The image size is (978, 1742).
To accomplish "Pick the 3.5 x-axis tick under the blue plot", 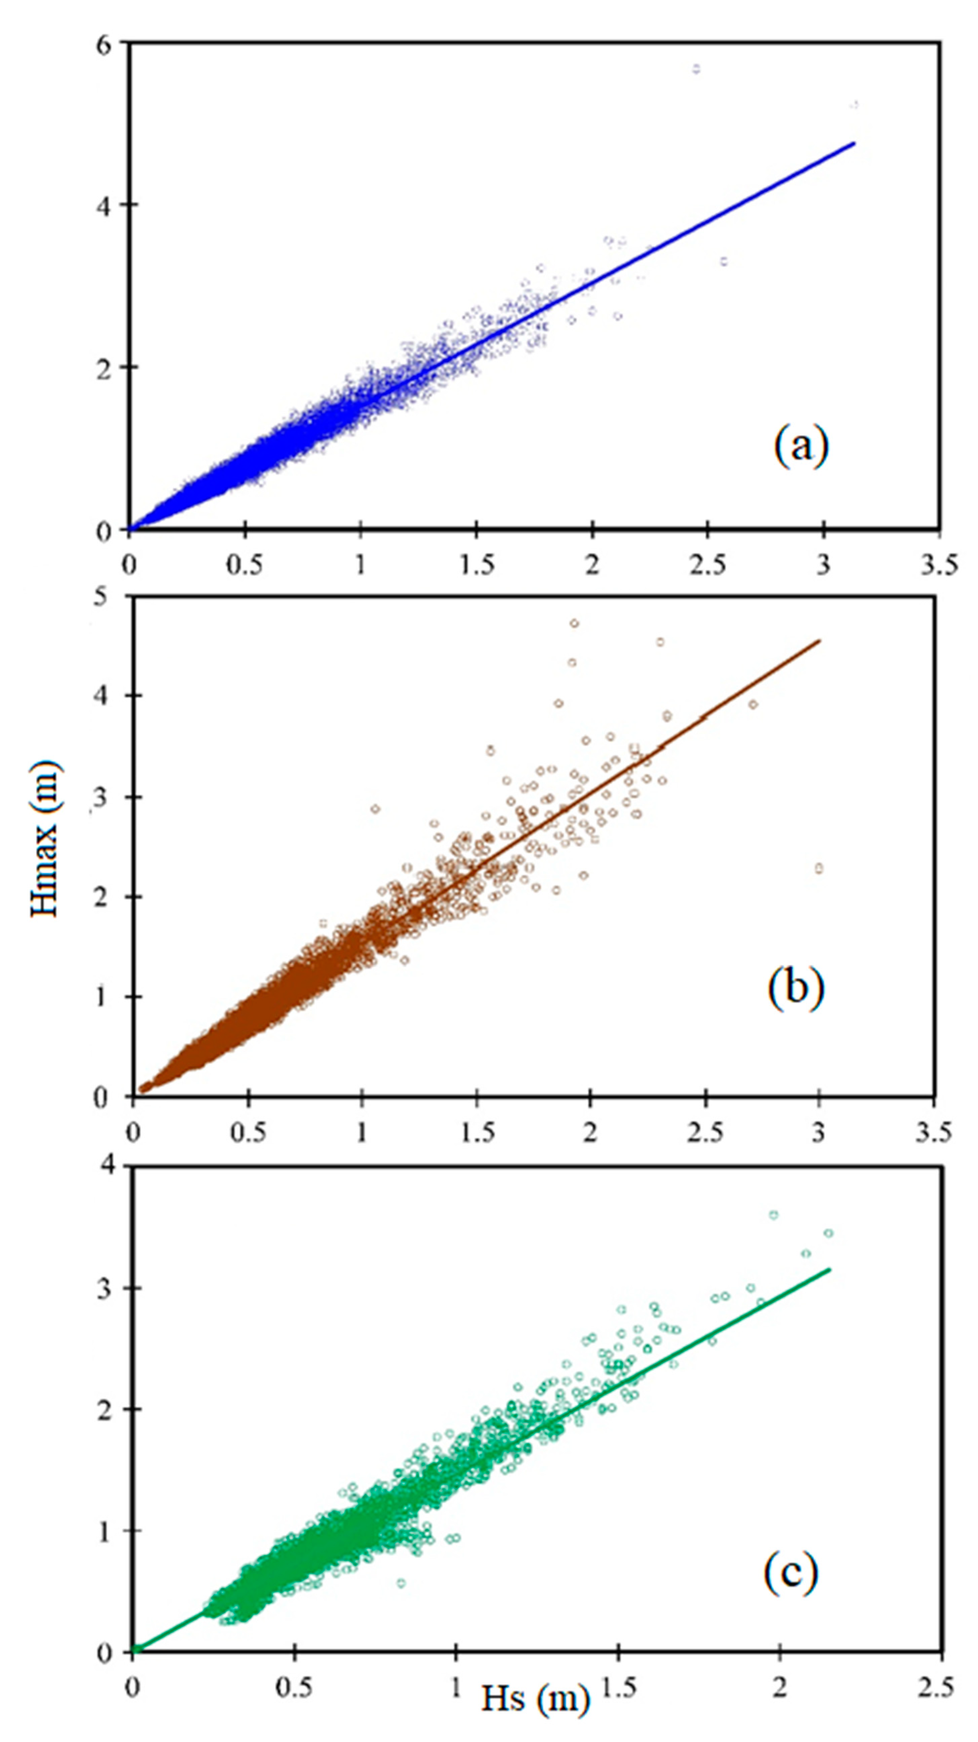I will [939, 565].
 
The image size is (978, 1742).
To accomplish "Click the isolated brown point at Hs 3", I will [819, 868].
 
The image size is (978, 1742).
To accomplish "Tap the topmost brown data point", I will [574, 623].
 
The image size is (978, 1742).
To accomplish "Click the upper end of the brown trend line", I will [820, 640].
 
